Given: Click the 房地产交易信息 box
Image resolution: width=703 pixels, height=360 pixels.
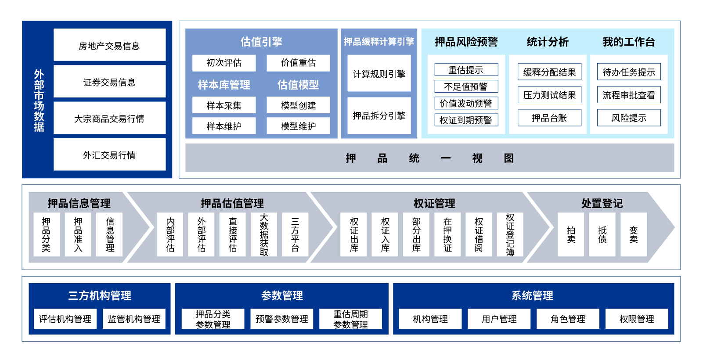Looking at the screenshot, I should pos(109,45).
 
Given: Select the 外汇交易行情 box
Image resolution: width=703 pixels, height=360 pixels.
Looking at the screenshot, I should pos(109,155).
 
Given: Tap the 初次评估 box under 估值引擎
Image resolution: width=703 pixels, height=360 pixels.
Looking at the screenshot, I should pos(224,63).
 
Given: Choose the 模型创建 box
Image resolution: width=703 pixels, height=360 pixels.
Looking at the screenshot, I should pos(298,105).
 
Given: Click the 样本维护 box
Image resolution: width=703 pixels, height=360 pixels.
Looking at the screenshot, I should pos(224,126).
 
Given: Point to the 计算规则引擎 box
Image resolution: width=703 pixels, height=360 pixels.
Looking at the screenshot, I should pos(379,74).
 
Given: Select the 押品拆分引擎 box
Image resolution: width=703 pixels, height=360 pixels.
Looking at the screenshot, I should pos(379,115).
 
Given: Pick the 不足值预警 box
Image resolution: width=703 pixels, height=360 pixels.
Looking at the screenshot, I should pos(466,86).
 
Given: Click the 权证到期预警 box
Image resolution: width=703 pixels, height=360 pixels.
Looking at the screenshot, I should pos(466,120).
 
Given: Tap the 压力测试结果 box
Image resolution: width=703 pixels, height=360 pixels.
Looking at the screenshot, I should pos(549,95).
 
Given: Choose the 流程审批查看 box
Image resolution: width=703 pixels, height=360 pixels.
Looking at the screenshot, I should pos(629,95).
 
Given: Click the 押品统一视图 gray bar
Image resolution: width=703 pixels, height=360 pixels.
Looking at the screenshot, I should pos(429,158).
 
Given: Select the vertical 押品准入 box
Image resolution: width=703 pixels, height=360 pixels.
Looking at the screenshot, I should pos(78,234).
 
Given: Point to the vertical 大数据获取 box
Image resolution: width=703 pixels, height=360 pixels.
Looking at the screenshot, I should pos(264,234).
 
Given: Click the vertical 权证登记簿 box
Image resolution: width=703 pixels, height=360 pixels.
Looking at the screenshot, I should pos(510,234).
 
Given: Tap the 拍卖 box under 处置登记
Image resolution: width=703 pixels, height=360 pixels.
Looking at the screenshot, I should pos(571,234).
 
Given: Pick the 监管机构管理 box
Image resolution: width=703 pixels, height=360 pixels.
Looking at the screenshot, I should pos(134,319).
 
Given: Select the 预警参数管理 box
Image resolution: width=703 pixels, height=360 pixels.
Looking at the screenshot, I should pos(282,319).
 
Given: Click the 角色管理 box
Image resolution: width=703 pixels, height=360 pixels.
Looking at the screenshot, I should pos(568,319).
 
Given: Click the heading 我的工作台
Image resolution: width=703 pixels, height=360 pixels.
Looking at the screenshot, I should pos(629,42).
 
